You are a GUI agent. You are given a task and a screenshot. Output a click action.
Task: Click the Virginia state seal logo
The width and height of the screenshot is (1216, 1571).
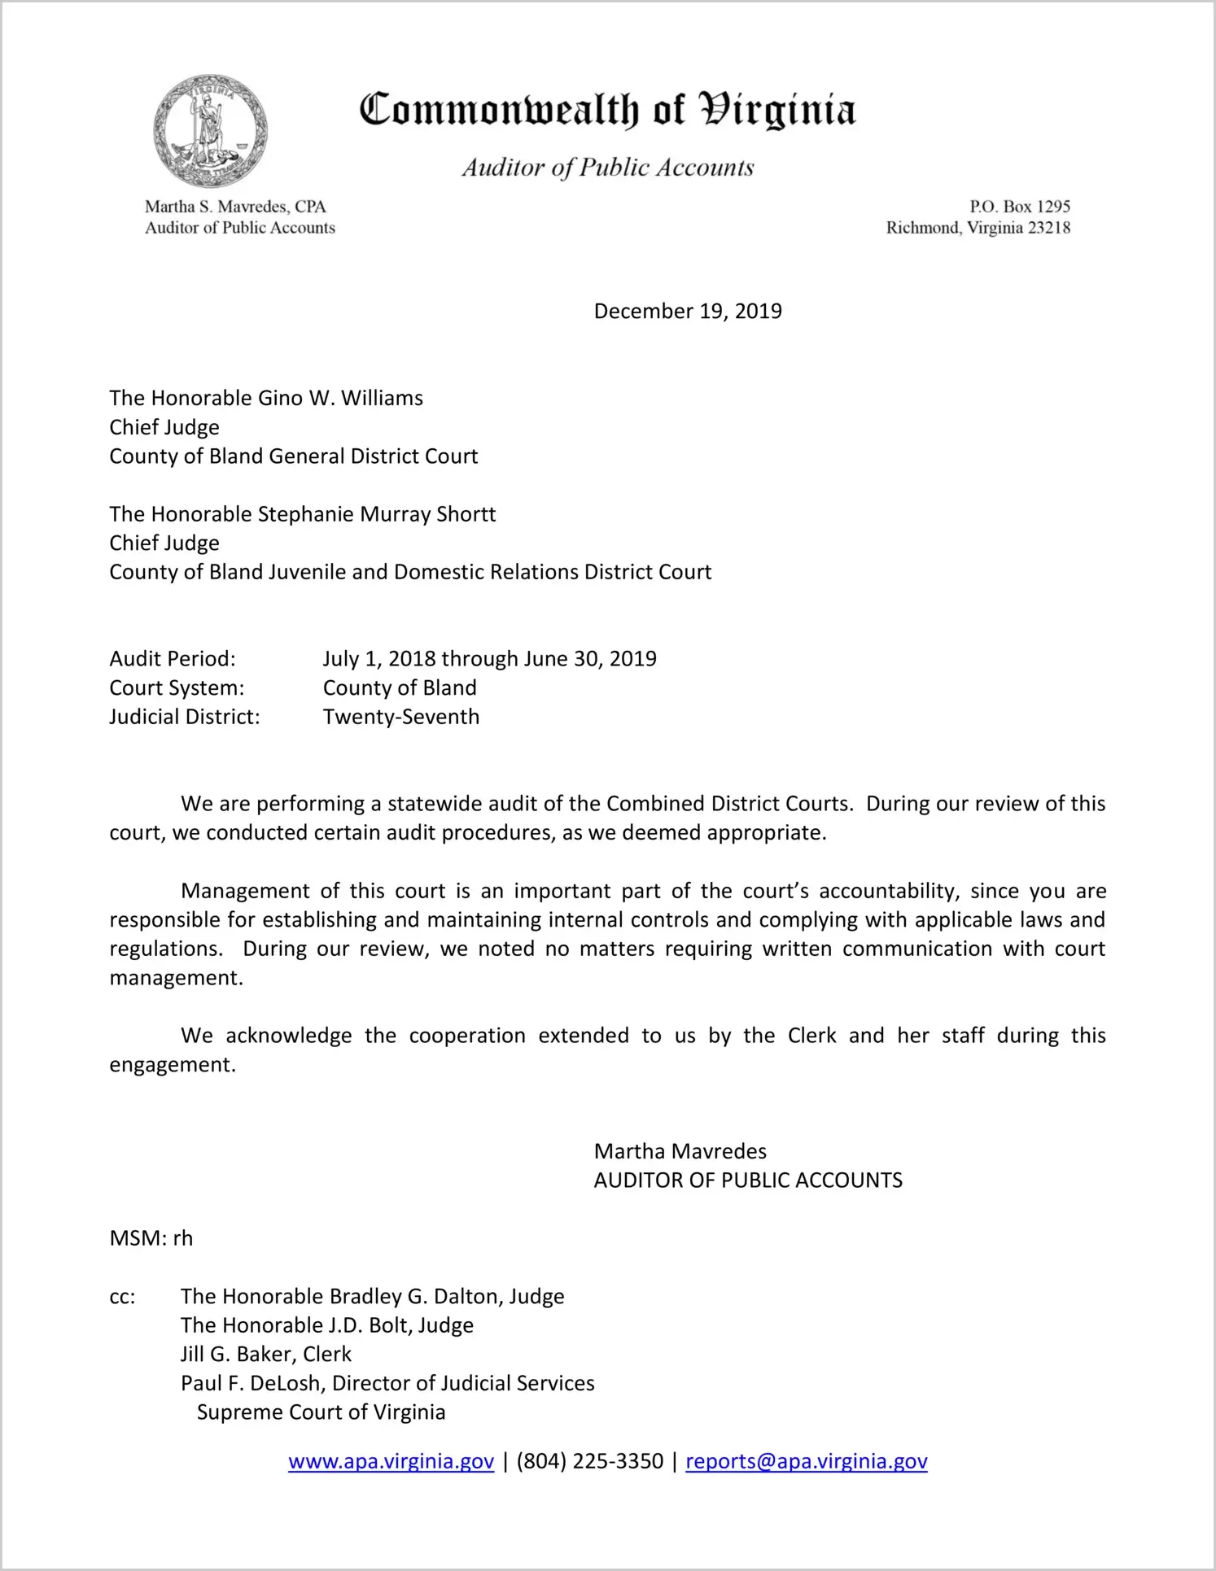pos(210,131)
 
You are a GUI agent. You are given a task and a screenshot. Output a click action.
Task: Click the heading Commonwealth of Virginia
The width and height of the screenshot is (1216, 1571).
pos(607,110)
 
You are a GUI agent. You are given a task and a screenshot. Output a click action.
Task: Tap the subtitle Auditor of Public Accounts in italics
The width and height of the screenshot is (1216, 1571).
pos(607,168)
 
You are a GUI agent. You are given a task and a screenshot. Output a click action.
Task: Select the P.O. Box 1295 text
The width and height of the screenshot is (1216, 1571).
pos(1019,207)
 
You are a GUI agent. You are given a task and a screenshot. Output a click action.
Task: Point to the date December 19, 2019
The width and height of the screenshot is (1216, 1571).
pos(688,312)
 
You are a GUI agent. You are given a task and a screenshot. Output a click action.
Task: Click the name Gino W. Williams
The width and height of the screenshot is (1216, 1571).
pos(340,399)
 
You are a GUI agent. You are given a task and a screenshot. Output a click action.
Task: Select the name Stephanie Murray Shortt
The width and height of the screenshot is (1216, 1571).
pos(376,514)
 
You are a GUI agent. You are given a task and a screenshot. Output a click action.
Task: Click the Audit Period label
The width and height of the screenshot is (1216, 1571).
pos(173,659)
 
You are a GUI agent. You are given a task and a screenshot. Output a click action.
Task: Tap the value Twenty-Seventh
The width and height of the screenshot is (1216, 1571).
pos(401,717)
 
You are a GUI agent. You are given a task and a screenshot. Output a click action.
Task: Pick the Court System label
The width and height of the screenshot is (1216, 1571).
pos(177,688)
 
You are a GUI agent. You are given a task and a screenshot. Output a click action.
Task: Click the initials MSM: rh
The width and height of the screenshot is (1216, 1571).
pos(151,1238)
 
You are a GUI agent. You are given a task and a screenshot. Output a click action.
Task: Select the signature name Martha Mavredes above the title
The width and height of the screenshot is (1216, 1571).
pos(680,1151)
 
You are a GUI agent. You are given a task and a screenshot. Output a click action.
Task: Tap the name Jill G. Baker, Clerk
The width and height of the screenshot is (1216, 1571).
pos(266,1354)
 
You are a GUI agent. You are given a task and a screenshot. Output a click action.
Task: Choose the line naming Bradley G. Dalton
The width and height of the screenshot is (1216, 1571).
pos(372,1296)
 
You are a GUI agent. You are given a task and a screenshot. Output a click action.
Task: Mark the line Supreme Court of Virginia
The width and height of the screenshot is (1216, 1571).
pos(321,1412)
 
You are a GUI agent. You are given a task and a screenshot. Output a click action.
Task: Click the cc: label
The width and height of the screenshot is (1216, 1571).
pos(122,1297)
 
